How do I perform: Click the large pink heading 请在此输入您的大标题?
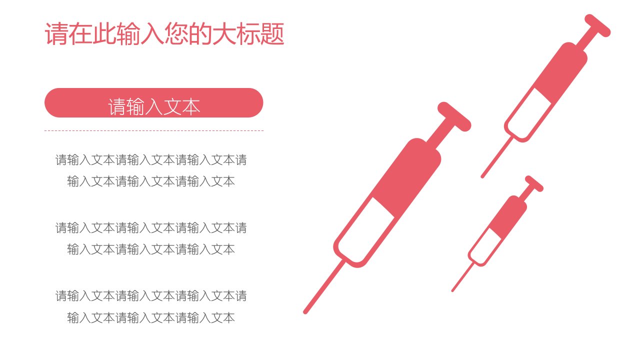tap(164, 33)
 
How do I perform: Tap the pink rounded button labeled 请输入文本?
tap(153, 102)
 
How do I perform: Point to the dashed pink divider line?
tap(153, 130)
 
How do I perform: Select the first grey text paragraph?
tap(151, 170)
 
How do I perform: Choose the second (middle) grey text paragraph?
tap(151, 238)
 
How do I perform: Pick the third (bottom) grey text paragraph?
tap(151, 306)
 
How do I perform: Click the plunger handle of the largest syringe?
tap(454, 116)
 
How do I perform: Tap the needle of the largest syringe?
tap(324, 287)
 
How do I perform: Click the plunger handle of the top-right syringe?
tap(597, 25)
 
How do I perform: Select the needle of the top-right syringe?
tap(496, 157)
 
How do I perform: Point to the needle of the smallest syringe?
tap(463, 277)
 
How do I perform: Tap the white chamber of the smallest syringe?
tap(485, 246)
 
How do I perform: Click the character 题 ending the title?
tap(272, 34)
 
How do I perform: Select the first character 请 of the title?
tap(56, 34)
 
